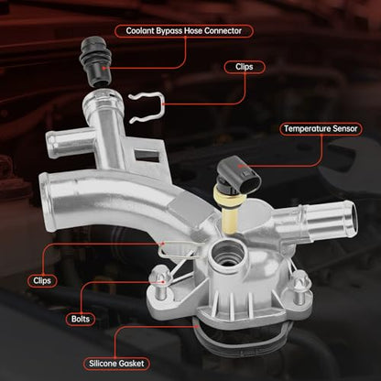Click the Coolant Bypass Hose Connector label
click(184, 31)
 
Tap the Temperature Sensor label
click(321, 128)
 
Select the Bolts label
click(81, 319)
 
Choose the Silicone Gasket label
click(116, 364)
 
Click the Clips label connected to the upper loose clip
click(245, 67)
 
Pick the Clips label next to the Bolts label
click(42, 280)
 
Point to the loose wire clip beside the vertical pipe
click(147, 108)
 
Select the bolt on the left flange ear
click(160, 282)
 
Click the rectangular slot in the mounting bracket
click(147, 155)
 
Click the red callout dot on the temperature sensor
click(240, 166)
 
